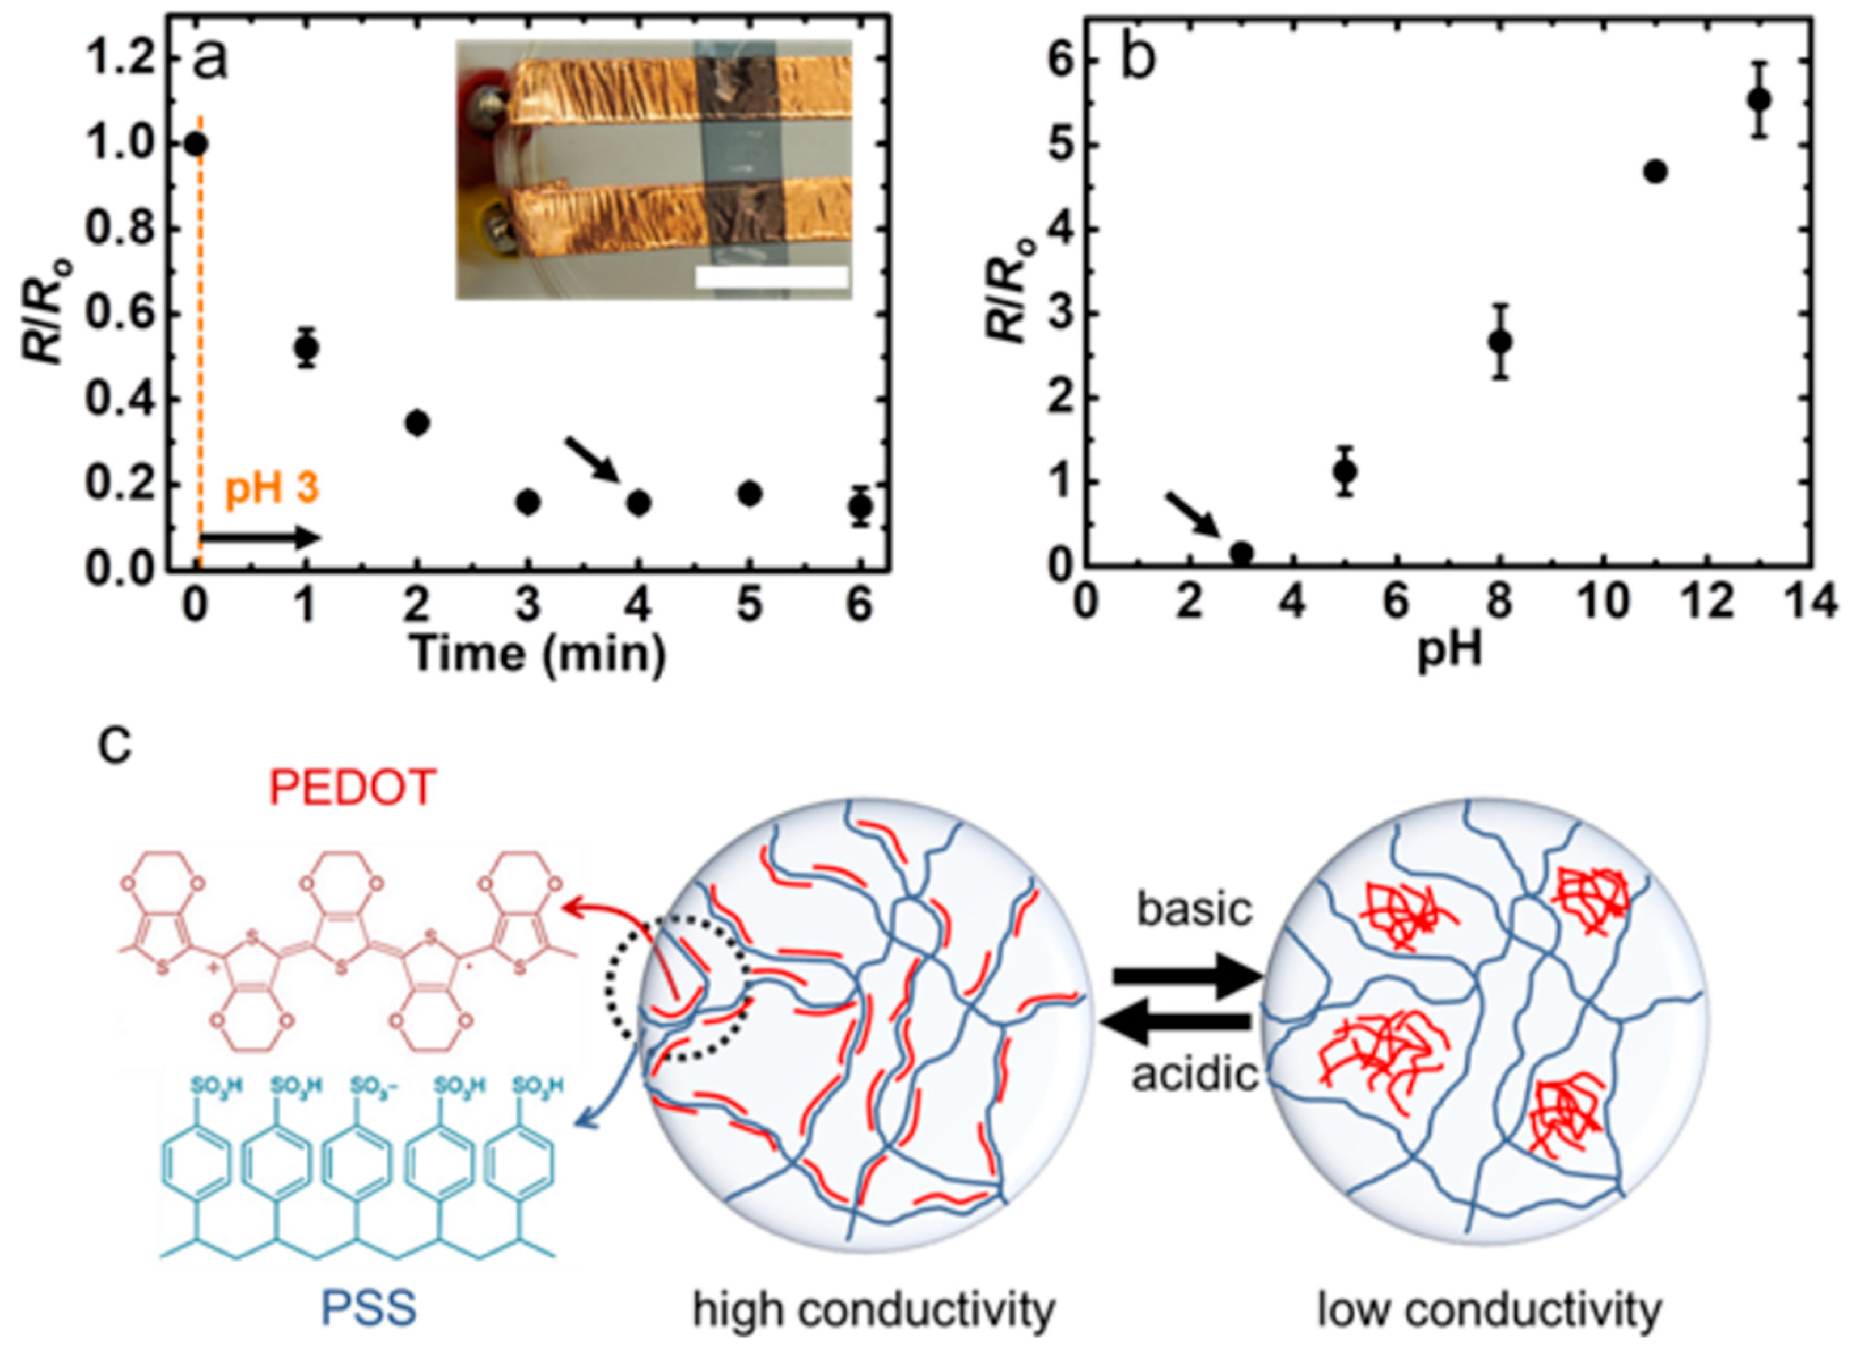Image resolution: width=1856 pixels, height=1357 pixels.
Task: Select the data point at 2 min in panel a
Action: click(x=417, y=423)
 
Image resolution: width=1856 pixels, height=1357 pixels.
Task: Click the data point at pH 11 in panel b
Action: click(x=1655, y=172)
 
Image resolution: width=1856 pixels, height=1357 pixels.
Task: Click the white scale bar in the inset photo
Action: click(x=770, y=278)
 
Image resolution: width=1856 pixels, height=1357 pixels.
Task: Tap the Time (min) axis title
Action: click(x=538, y=654)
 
